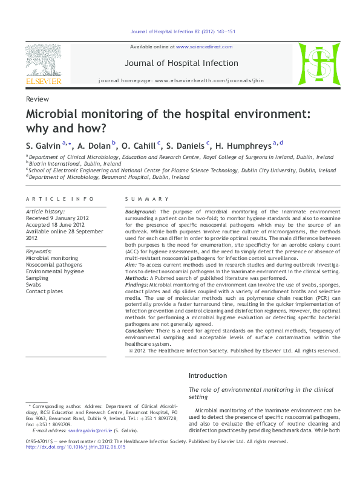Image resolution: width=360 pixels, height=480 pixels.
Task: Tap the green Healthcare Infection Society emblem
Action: coord(314,63)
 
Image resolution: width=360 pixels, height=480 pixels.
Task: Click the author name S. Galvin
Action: coord(43,146)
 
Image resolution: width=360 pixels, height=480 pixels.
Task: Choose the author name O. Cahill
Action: coord(139,146)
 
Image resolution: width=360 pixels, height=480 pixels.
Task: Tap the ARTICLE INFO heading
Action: coord(60,199)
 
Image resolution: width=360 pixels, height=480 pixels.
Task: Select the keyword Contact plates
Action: coord(44,291)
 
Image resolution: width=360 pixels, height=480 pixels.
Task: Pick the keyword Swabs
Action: coord(34,285)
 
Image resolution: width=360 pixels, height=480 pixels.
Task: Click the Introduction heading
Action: coord(208,375)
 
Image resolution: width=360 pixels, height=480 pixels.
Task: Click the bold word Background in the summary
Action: coord(140,212)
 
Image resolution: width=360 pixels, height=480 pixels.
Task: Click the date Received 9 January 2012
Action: coord(56,218)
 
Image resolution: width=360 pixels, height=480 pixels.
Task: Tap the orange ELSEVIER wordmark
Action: coord(43,80)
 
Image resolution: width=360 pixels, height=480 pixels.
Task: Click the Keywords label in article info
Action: coord(39,250)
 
